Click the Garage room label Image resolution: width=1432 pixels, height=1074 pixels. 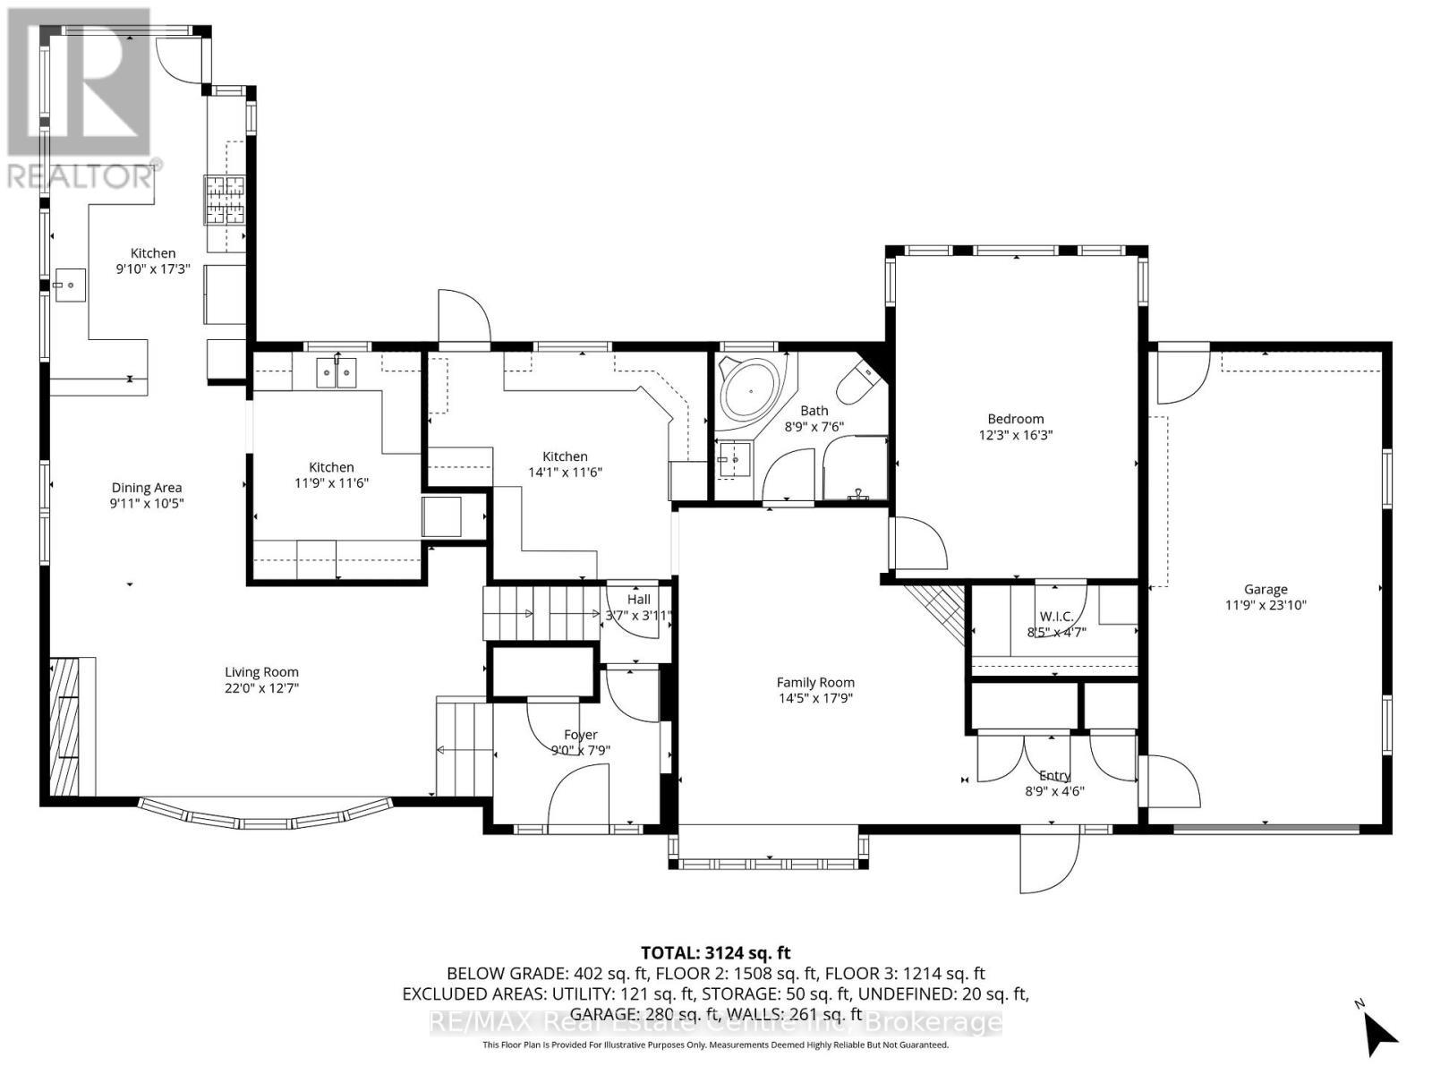coord(1266,589)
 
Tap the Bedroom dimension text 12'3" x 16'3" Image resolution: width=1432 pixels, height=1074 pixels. coord(1015,435)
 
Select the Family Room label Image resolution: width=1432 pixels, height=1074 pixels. coord(814,682)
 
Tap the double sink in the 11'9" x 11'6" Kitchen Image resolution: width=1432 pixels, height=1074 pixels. coord(337,371)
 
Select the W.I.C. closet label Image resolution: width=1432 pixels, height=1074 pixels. coord(1055,616)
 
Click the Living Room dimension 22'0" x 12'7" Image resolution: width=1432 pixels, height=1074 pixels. coord(261,688)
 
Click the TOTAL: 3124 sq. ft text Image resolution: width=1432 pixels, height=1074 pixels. coord(715,953)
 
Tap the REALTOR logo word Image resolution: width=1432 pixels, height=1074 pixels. coord(81,176)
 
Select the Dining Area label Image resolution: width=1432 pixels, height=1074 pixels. coord(147,488)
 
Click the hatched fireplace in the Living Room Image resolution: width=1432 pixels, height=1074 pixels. coord(65,727)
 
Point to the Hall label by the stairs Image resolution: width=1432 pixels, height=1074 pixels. coord(638,599)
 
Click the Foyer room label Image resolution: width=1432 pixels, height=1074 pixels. coord(580,735)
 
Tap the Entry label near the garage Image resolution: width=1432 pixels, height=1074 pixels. coord(1054,776)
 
